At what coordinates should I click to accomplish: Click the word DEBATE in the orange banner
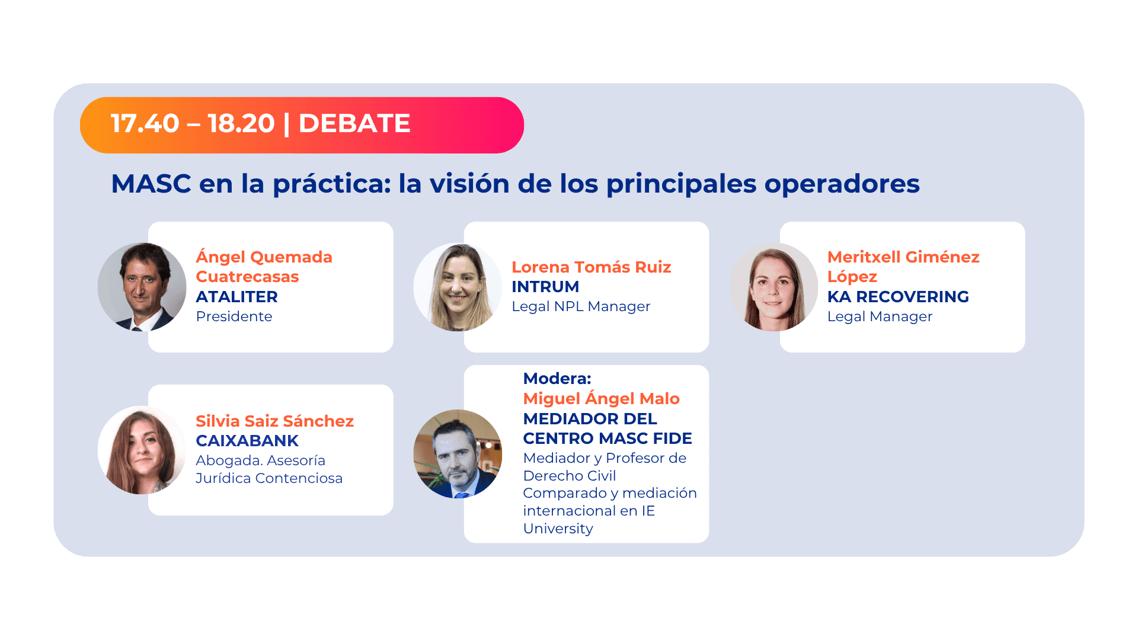[354, 124]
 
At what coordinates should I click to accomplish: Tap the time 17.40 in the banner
[145, 124]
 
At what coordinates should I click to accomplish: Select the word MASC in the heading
[151, 184]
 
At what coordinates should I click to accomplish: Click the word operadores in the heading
[842, 184]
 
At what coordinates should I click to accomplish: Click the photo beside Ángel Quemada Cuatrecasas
[142, 287]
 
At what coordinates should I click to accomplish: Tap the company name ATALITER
[236, 297]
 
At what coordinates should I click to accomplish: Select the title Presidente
[234, 316]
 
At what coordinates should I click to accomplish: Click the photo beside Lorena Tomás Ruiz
[458, 287]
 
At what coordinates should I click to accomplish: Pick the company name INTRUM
[545, 287]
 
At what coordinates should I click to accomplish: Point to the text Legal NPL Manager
[580, 306]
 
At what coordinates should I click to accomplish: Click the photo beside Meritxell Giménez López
[773, 287]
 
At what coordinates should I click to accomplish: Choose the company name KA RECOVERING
[897, 297]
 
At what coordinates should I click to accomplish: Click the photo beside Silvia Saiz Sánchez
[142, 450]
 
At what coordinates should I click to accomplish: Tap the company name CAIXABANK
[247, 441]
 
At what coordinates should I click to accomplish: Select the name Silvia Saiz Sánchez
[274, 421]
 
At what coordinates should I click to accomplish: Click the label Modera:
[557, 379]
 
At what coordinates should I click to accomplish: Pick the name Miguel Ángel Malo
[600, 399]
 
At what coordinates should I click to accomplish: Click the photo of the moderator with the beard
[458, 454]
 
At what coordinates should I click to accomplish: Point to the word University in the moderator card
[557, 529]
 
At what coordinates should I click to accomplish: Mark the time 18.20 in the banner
[241, 124]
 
